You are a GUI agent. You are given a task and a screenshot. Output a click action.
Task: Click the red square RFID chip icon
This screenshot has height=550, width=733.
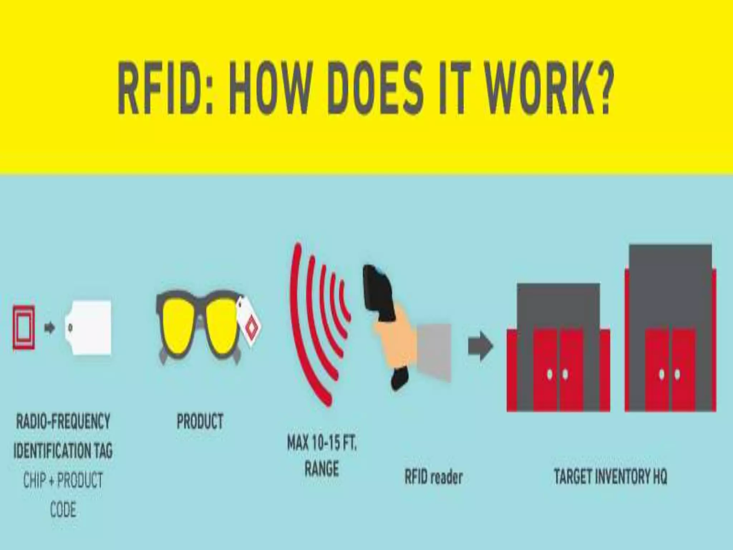pos(24,327)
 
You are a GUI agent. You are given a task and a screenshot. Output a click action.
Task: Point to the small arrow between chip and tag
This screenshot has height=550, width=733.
pos(50,328)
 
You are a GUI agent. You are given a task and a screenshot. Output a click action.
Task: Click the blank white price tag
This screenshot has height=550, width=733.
pos(89,328)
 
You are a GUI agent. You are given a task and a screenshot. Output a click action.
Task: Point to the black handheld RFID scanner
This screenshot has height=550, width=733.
pos(379,297)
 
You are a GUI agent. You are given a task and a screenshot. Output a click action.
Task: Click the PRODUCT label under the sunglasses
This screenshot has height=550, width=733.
pos(200,421)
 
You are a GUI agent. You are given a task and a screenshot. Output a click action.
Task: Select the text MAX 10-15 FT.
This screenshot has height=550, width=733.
pos(322,444)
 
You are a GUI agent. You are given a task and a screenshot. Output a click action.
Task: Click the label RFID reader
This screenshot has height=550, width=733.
pos(433,477)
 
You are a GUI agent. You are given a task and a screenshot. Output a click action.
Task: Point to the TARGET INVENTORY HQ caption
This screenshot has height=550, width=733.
pos(611,477)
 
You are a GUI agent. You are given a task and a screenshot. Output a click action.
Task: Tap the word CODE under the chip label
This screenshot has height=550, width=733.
pos(63,510)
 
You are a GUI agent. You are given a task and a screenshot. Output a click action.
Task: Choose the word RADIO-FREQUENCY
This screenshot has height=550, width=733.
pos(63,421)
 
